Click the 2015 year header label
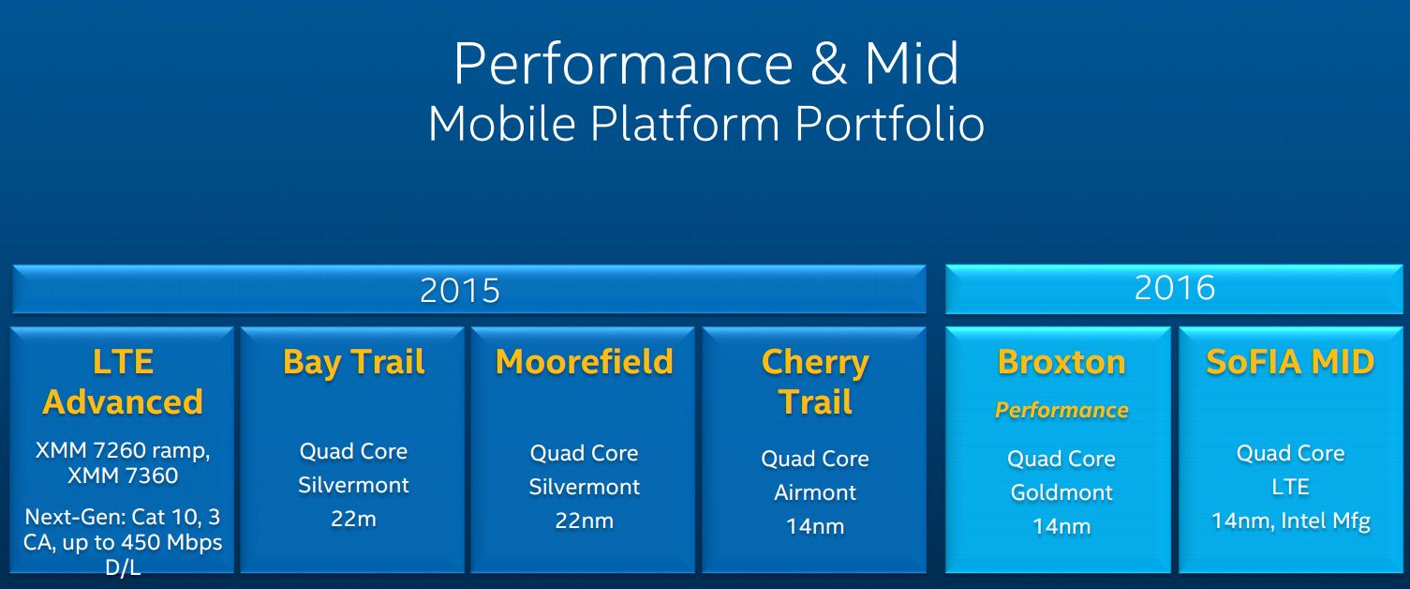[x=459, y=291]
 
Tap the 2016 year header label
[x=1175, y=288]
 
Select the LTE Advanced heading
[x=123, y=382]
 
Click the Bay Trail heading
[x=354, y=363]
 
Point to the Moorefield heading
[x=585, y=362]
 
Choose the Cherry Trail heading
[x=815, y=382]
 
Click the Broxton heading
[x=1061, y=362]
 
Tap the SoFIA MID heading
[x=1290, y=362]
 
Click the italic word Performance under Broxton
[x=1061, y=410]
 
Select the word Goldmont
[x=1061, y=492]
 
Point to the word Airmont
[x=815, y=492]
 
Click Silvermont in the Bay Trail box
[x=353, y=485]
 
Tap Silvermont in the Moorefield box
[x=585, y=487]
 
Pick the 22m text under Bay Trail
[x=353, y=519]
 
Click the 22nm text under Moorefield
[x=585, y=521]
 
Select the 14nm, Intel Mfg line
[x=1290, y=521]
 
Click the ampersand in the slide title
[x=828, y=64]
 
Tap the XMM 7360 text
[x=123, y=476]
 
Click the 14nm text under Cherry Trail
[x=815, y=527]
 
